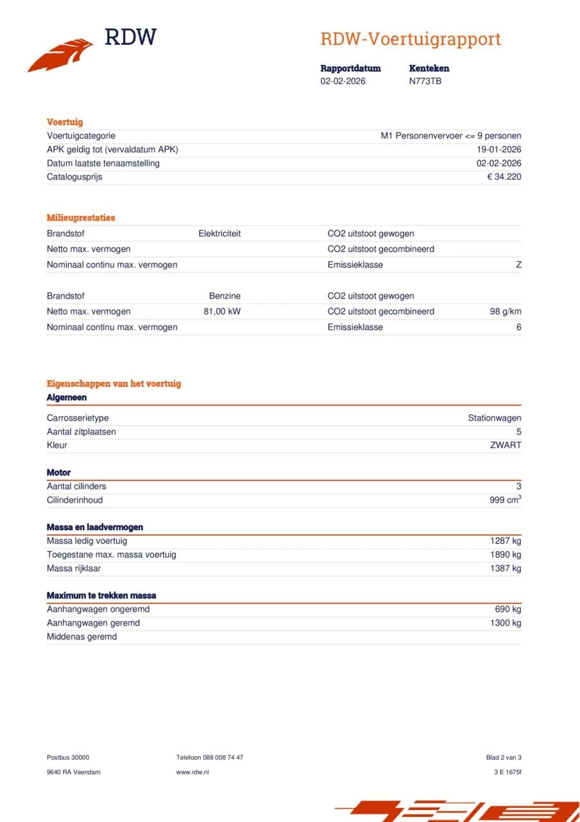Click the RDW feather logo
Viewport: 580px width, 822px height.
pos(61,56)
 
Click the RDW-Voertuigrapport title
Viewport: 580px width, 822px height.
pos(411,39)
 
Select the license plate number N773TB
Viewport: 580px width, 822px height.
pos(425,82)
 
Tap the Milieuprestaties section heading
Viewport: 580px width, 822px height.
pos(81,218)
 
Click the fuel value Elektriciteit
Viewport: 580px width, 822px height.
pos(219,234)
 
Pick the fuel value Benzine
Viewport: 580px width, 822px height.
pos(225,296)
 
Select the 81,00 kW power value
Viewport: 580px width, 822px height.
pos(222,311)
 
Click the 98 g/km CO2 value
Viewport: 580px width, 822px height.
pos(506,311)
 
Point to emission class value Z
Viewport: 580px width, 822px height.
pos(518,265)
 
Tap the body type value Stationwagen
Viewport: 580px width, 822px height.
pos(494,418)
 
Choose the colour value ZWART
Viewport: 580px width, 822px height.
pos(506,445)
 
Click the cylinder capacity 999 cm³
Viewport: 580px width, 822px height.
pos(505,500)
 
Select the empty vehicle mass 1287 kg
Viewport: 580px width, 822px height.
pos(505,541)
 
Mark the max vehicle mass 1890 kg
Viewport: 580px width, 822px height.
pos(505,554)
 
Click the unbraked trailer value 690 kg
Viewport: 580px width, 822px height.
pos(507,609)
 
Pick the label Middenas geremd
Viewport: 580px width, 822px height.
pos(81,636)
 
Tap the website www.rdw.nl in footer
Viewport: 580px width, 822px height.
pos(192,772)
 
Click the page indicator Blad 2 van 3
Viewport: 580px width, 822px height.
pos(504,758)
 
